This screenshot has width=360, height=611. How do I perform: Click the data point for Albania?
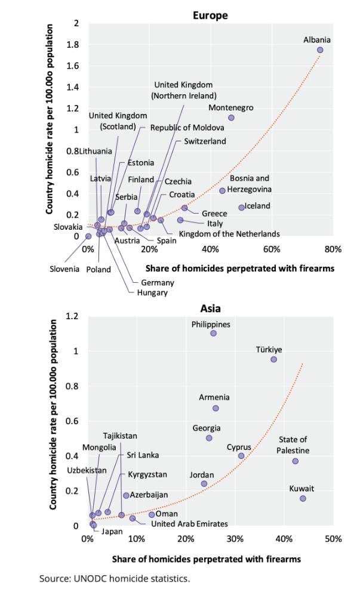(x=320, y=50)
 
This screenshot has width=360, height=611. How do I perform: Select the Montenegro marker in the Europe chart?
(x=231, y=118)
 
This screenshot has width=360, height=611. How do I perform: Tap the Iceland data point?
(x=242, y=207)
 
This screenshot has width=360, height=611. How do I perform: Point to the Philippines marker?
(x=213, y=333)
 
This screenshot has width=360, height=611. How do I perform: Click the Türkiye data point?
(x=273, y=359)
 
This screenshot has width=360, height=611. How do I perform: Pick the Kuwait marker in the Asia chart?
(x=303, y=498)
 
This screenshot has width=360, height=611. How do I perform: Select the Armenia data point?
(x=216, y=408)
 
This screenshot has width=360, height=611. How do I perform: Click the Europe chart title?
(x=210, y=16)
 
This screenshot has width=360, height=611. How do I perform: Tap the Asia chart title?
(x=210, y=308)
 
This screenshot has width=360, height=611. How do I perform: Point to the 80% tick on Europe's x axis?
(x=333, y=249)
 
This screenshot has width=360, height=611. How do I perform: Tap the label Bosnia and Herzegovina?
(x=250, y=184)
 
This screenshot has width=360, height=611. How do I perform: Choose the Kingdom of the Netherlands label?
(x=229, y=233)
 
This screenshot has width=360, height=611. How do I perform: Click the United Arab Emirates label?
(x=189, y=524)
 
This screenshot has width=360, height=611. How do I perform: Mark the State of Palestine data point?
(x=295, y=461)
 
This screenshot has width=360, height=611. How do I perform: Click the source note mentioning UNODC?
(x=115, y=578)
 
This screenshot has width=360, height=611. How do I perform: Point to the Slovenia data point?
(x=88, y=236)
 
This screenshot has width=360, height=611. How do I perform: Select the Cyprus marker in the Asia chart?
(x=241, y=455)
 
